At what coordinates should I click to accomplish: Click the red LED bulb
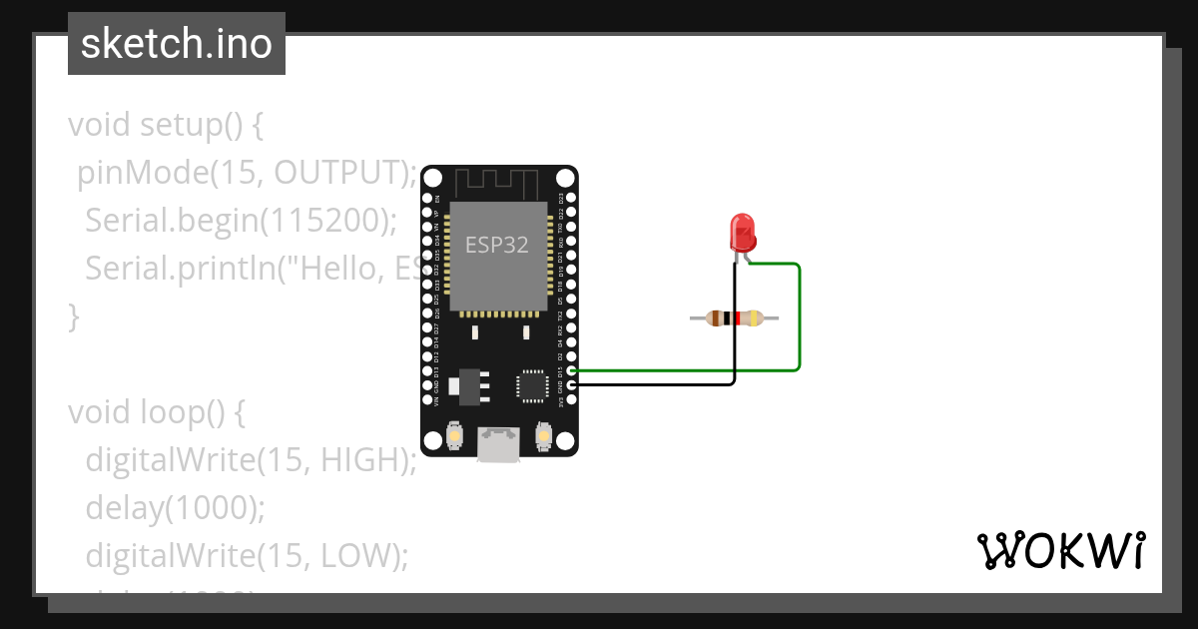[x=742, y=233]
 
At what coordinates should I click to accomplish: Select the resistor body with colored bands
[x=734, y=318]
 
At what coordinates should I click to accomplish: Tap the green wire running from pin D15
[x=798, y=319]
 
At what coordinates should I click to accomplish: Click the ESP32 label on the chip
[x=497, y=245]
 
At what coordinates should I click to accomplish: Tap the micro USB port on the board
[x=498, y=444]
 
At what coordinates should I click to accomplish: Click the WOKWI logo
[x=1059, y=550]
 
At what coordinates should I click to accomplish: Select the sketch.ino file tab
[x=177, y=44]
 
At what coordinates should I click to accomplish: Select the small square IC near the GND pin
[x=530, y=384]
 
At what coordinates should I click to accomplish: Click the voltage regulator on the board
[x=467, y=384]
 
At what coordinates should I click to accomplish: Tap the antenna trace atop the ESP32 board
[x=497, y=184]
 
